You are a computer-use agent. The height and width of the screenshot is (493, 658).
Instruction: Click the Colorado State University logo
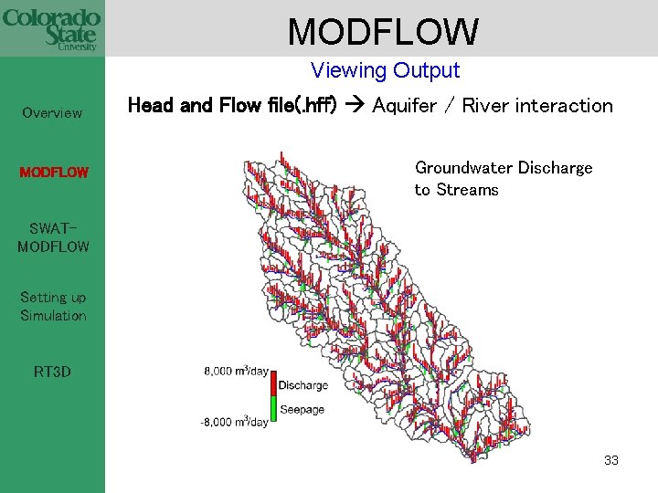51,27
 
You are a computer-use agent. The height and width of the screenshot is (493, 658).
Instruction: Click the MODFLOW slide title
382,31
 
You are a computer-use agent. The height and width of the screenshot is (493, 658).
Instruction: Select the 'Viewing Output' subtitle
385,70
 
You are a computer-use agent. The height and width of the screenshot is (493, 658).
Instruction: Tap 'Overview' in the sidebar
52,113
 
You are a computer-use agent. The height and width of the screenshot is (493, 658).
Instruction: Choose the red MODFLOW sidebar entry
53,172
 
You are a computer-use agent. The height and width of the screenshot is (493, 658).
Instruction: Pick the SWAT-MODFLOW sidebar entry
53,236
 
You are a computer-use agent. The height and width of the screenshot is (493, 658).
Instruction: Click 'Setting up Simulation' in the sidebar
53,306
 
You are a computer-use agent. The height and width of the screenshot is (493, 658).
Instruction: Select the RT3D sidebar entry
52,372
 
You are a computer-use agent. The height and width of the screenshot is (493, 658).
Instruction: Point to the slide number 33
611,460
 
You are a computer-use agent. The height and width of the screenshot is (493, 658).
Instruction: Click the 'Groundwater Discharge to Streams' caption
503,178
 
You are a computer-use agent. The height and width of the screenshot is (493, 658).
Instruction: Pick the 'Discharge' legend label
302,385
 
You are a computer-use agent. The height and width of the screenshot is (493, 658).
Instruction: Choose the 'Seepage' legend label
302,409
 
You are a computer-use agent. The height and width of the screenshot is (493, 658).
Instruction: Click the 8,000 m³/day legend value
236,371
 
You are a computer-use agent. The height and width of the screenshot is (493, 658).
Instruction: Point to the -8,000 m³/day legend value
234,422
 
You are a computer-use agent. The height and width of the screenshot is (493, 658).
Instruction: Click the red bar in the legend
273,384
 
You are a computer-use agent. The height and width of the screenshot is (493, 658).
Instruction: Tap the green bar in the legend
273,409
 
